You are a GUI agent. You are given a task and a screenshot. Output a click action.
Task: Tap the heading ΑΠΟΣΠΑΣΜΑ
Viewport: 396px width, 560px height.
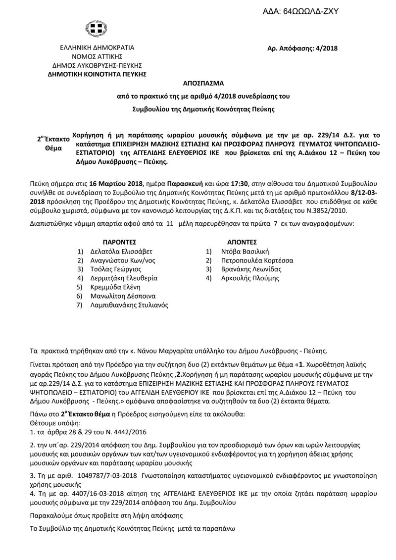coord(198,84)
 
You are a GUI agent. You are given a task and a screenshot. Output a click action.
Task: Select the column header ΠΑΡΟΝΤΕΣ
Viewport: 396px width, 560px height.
coord(119,242)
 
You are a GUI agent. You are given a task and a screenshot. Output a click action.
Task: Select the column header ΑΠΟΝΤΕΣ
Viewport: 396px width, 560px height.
coord(242,242)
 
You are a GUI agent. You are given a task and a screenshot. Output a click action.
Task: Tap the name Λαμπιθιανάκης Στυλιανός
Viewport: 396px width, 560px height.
coord(129,305)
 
